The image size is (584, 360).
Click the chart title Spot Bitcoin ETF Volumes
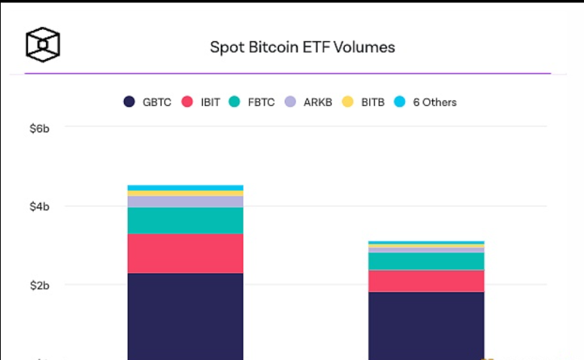click(x=302, y=47)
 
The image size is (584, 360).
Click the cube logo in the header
click(x=43, y=45)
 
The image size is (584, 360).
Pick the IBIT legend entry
click(x=201, y=102)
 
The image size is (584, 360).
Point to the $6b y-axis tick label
click(x=40, y=129)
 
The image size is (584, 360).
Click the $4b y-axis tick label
click(x=40, y=207)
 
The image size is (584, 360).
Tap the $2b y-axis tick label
click(x=40, y=286)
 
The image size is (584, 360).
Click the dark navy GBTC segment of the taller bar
click(x=186, y=316)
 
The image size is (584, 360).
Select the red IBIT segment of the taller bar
click(x=186, y=253)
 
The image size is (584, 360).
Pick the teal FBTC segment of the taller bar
click(x=186, y=220)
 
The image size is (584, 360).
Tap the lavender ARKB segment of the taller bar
click(x=186, y=201)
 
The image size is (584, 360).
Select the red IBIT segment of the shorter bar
click(x=426, y=280)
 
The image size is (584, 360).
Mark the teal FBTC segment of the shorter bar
click(x=426, y=261)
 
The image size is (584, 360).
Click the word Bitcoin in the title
click(x=273, y=47)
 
